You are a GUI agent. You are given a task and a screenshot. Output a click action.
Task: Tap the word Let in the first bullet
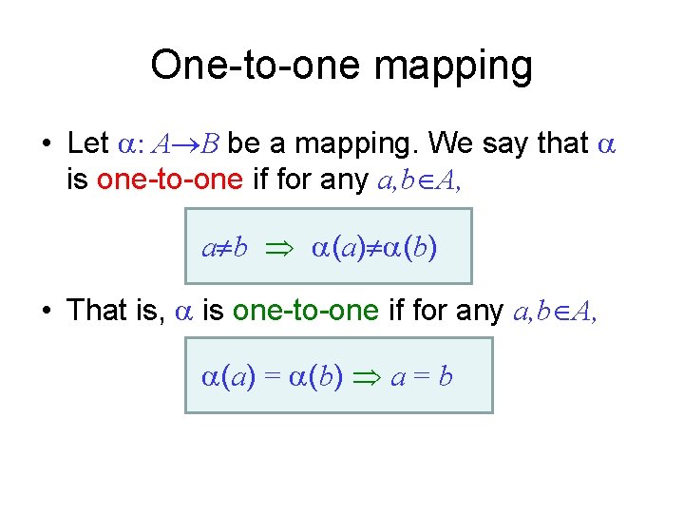click(88, 143)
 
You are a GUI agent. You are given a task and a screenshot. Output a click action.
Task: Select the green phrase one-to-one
click(305, 310)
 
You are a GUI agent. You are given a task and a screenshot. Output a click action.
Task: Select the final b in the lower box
click(446, 377)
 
